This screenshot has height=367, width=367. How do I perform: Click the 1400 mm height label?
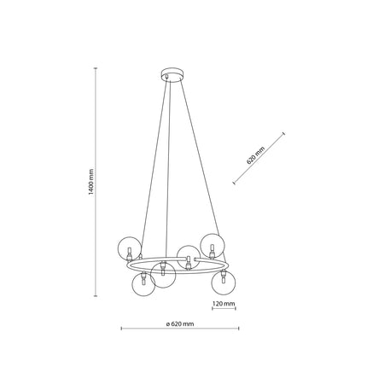click(90, 182)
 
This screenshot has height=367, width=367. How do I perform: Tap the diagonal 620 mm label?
click(255, 155)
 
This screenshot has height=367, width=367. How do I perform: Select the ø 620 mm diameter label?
click(180, 323)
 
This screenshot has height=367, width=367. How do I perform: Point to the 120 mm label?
click(224, 304)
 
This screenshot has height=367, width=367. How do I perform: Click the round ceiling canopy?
click(172, 73)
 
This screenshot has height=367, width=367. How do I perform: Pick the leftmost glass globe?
click(129, 248)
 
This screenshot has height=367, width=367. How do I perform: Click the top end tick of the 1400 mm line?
click(96, 68)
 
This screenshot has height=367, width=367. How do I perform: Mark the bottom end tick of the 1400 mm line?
click(96, 296)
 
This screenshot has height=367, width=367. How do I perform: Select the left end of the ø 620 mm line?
click(122, 329)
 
